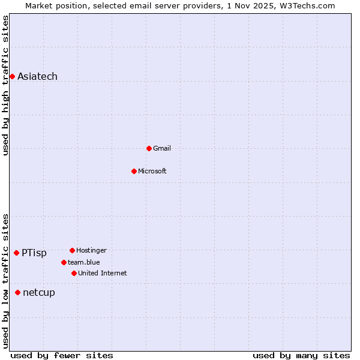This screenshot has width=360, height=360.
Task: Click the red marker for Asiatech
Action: click(x=12, y=76)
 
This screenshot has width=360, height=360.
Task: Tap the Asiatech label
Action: click(x=37, y=76)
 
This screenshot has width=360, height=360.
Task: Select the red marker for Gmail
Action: click(x=149, y=148)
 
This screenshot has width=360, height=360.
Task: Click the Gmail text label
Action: click(x=162, y=148)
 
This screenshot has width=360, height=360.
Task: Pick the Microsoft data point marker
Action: click(x=134, y=171)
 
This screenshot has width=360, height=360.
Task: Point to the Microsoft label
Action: click(x=152, y=171)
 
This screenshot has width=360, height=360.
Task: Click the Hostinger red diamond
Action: click(x=72, y=250)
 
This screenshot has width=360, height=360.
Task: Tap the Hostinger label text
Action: click(x=91, y=250)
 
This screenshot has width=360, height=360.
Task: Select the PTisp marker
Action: click(x=16, y=253)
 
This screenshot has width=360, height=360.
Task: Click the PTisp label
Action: click(x=34, y=253)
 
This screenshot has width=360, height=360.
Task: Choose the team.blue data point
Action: click(x=64, y=262)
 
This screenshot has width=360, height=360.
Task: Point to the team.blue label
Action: click(x=83, y=262)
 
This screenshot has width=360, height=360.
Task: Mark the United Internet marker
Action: click(x=74, y=273)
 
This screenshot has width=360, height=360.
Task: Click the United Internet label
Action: click(x=102, y=273)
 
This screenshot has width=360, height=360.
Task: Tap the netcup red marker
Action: click(x=17, y=292)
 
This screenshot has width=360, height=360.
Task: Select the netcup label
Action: click(x=38, y=293)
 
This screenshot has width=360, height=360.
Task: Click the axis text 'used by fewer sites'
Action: click(x=62, y=355)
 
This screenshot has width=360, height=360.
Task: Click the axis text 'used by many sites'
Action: click(x=301, y=355)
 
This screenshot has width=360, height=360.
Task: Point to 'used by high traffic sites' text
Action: click(x=5, y=85)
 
